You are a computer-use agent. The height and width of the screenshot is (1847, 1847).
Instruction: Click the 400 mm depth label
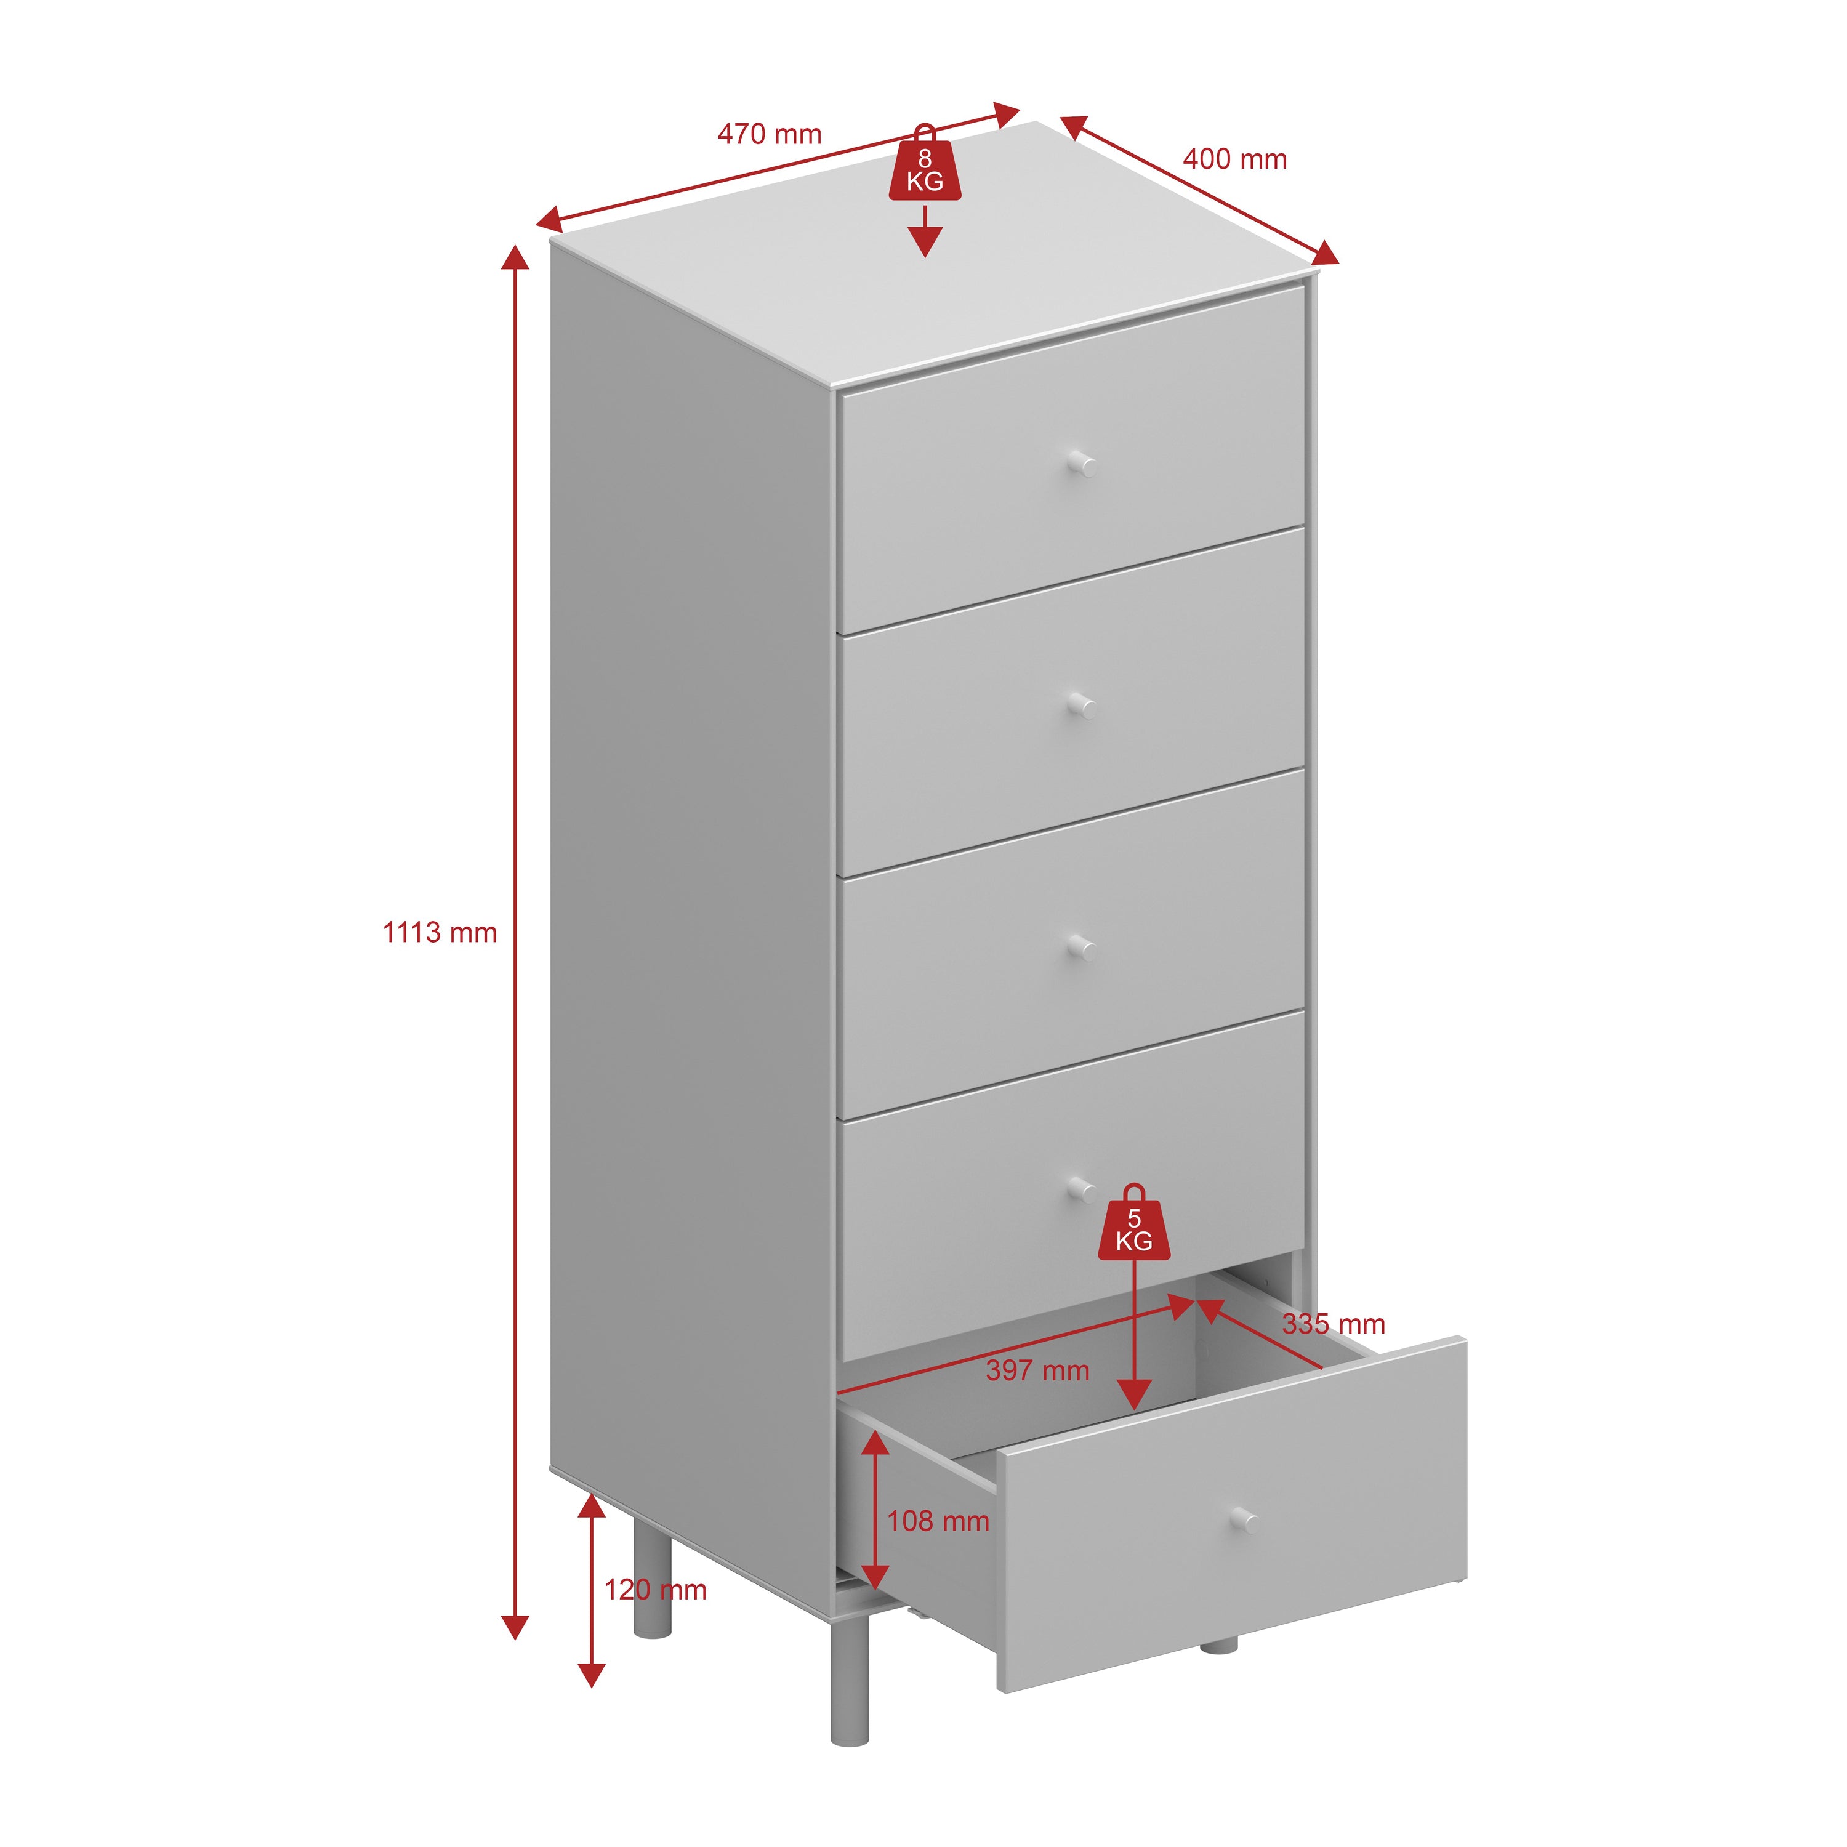[1235, 159]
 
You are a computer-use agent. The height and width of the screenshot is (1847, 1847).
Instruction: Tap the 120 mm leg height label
[655, 1590]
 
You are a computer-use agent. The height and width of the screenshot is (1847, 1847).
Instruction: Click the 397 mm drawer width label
[1038, 1370]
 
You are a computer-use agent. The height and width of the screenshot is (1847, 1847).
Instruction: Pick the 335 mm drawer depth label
[1334, 1324]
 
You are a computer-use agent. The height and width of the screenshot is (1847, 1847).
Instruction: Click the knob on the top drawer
[1081, 465]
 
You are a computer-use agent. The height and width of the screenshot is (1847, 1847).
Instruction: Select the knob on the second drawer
[1081, 707]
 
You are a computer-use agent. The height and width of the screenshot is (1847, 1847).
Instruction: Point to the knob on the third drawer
[1081, 948]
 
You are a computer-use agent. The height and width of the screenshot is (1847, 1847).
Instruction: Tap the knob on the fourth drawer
[1081, 1189]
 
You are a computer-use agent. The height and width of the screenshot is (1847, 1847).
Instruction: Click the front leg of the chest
[849, 1683]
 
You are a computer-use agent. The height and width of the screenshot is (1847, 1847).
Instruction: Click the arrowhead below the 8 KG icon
[925, 243]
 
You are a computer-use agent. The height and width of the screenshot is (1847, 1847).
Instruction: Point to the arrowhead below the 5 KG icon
[1134, 1396]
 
